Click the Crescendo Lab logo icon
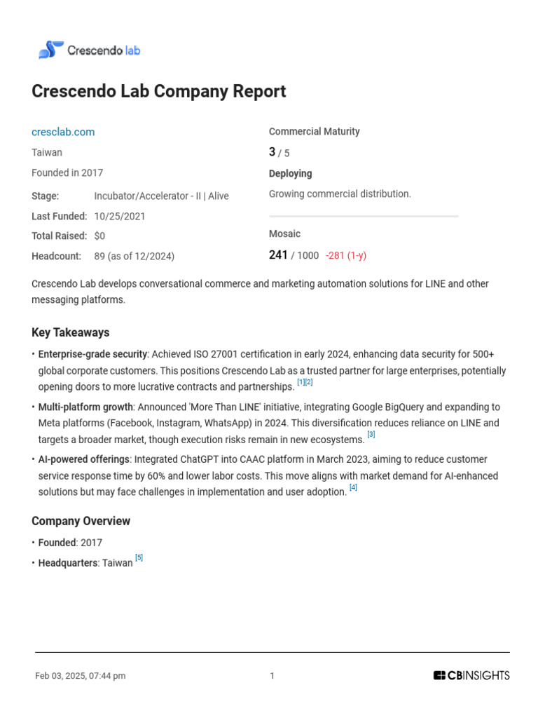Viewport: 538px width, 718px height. [x=50, y=50]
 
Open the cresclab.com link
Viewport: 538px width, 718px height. [x=63, y=132]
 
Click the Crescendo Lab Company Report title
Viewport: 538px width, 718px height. [x=159, y=92]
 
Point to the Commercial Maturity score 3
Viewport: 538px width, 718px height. [x=273, y=152]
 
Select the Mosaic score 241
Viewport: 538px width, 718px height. [x=278, y=255]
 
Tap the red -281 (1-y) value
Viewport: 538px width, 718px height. [x=346, y=256]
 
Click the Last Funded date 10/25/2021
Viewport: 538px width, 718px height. [x=120, y=216]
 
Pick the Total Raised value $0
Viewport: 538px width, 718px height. [x=99, y=236]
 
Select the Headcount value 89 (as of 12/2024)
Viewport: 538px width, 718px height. [x=134, y=257]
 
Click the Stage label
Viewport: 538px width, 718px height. [x=46, y=196]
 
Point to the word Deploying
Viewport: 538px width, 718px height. [x=291, y=174]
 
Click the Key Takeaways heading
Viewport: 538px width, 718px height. [x=71, y=332]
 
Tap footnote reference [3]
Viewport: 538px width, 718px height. [x=371, y=435]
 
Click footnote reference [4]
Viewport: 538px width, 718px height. [x=353, y=487]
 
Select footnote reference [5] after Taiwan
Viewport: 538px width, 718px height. [x=139, y=557]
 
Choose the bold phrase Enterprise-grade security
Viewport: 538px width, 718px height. [x=92, y=354]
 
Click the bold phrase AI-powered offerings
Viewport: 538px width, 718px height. [x=84, y=459]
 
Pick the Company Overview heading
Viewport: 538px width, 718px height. [x=81, y=521]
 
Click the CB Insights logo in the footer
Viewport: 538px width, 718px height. [x=471, y=676]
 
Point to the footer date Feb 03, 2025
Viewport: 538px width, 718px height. [x=80, y=676]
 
